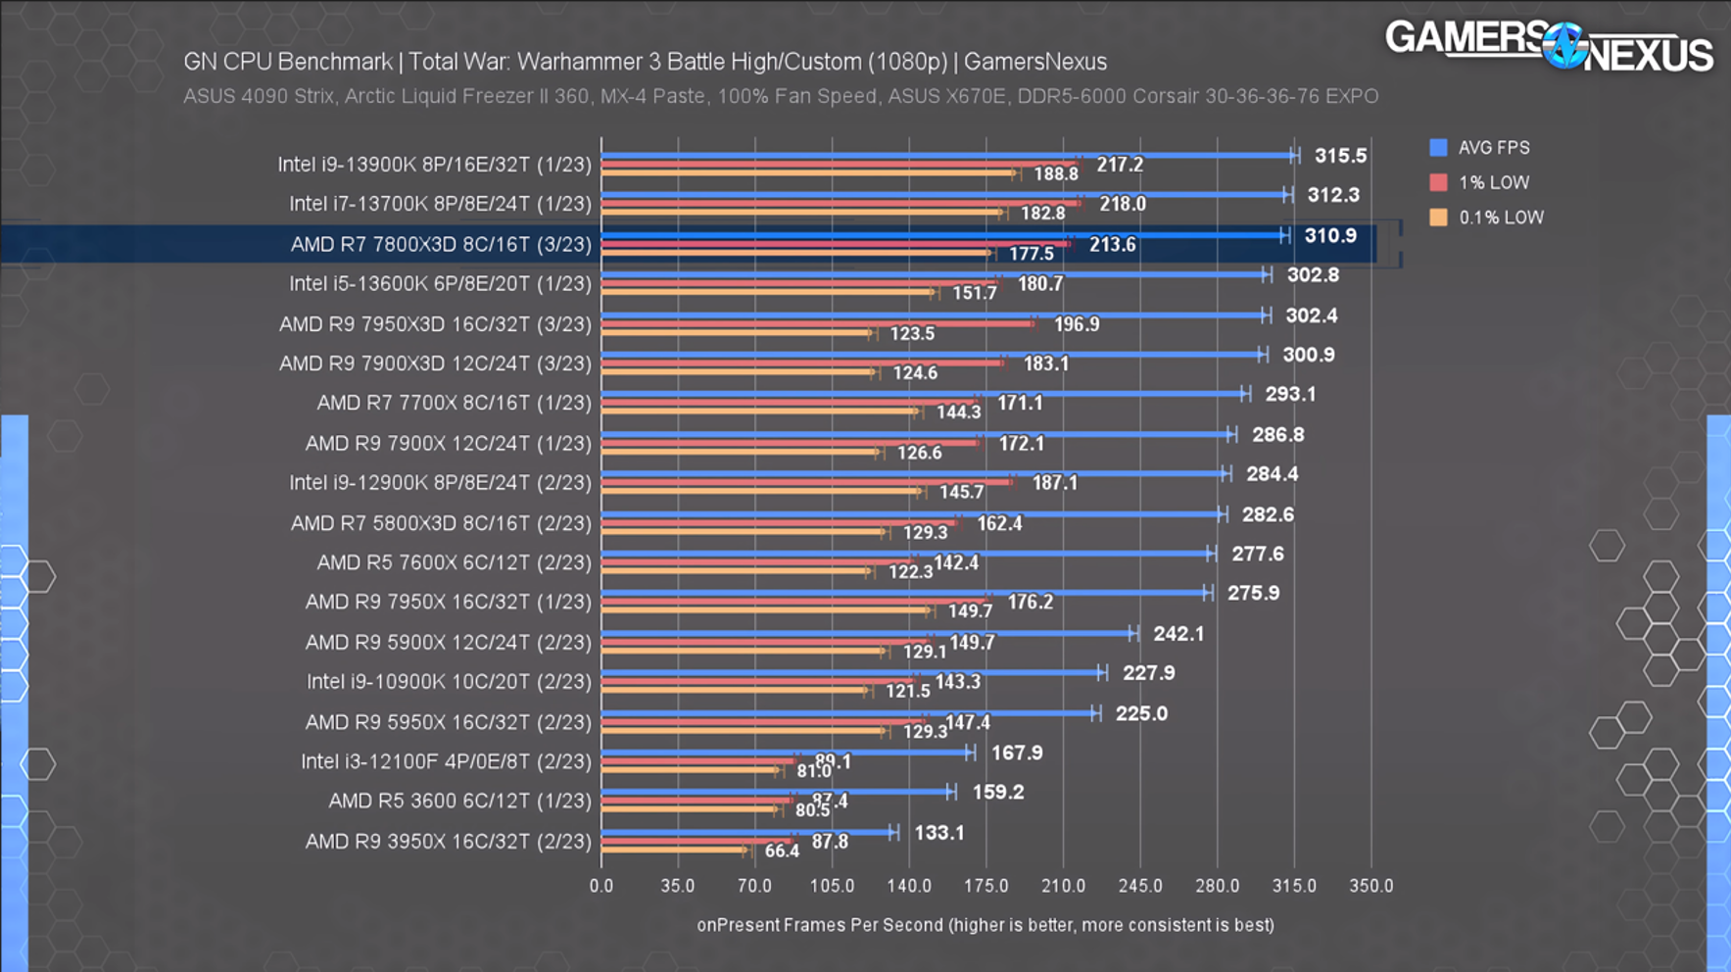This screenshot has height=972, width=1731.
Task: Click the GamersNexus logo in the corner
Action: pos(1549,45)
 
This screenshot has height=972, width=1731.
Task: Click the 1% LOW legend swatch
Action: pos(1438,182)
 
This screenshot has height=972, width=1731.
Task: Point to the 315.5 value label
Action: pos(1340,156)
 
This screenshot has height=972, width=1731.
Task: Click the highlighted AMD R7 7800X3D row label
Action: pos(441,244)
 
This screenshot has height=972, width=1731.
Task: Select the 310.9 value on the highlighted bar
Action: pos(1329,236)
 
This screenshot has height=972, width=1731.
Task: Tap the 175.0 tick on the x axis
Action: pos(986,886)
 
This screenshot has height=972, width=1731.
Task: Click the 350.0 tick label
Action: pos(1370,886)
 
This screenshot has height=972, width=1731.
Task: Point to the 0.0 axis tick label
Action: pos(601,886)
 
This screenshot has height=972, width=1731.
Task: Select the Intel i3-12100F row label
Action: pos(446,761)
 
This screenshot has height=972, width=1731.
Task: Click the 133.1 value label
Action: pos(938,833)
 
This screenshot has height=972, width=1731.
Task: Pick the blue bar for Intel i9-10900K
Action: pos(852,673)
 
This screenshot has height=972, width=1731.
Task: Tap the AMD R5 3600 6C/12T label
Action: pos(459,801)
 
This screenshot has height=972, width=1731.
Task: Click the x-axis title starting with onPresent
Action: pos(985,925)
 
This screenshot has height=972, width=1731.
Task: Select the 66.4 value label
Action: pos(781,850)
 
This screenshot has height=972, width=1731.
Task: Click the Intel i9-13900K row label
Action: pos(434,164)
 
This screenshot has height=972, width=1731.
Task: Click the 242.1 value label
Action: pos(1178,634)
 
